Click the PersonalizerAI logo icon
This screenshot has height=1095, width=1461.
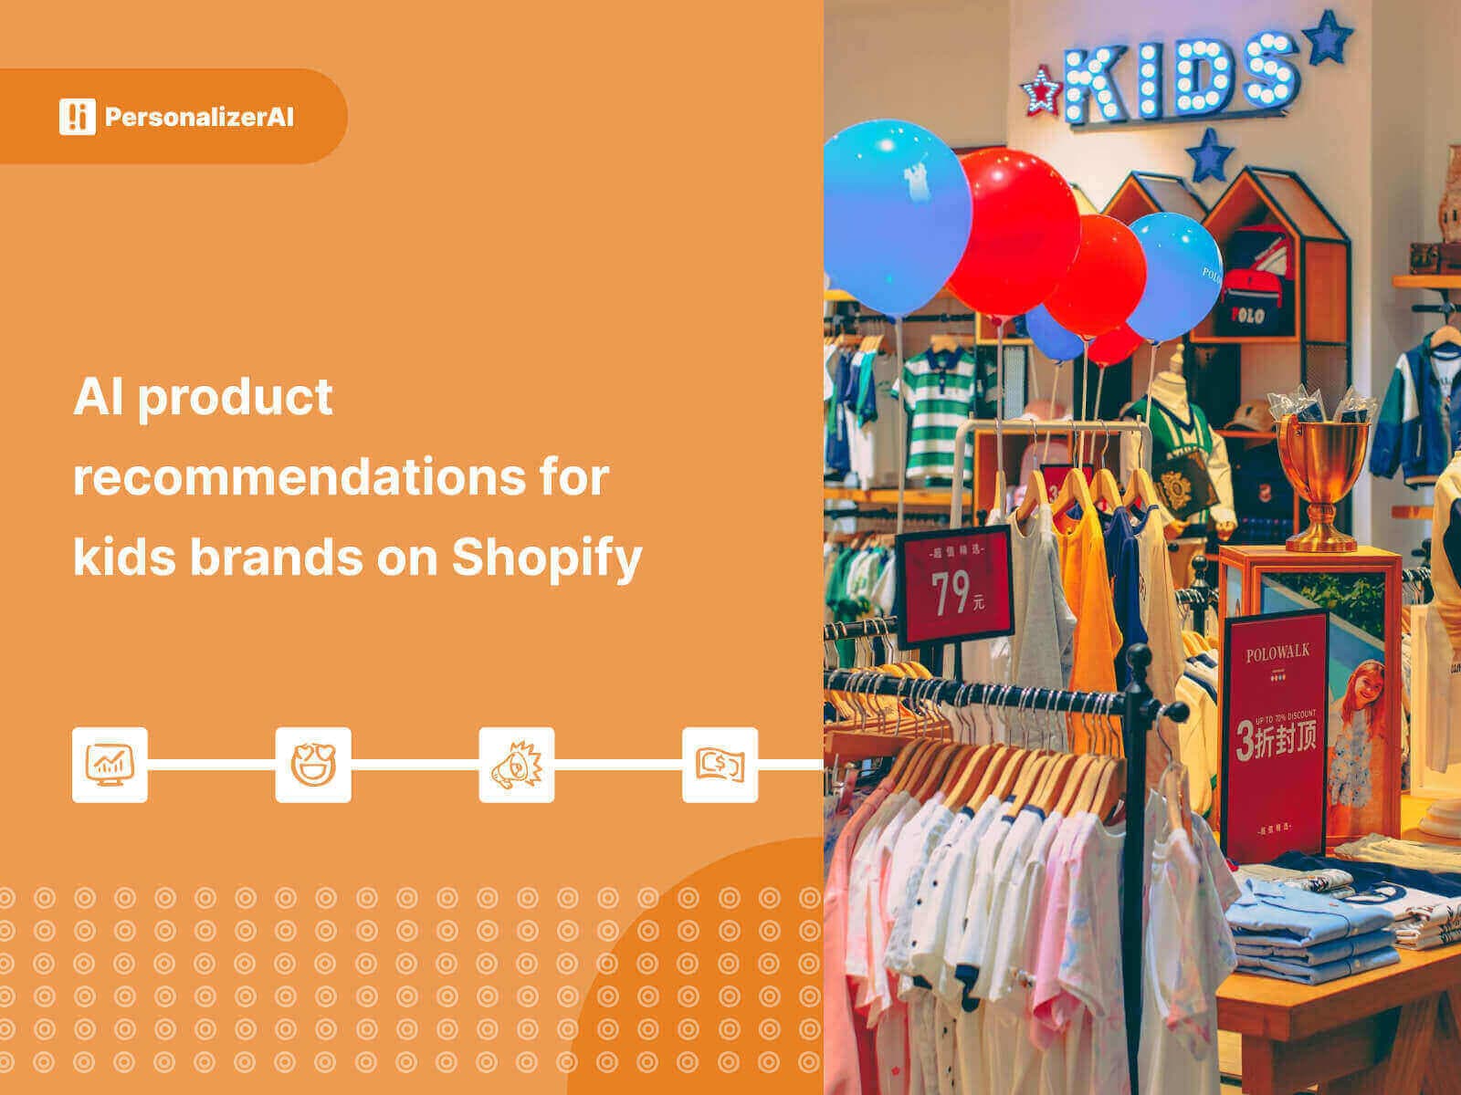click(77, 117)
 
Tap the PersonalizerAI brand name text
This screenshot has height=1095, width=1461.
click(199, 118)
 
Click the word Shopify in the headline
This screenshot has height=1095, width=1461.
click(547, 557)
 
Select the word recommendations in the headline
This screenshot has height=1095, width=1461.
click(340, 477)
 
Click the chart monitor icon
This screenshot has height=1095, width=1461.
click(110, 765)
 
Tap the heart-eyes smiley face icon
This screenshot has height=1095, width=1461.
click(313, 765)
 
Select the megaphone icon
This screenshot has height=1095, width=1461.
click(517, 765)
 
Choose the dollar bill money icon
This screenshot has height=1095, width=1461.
click(720, 765)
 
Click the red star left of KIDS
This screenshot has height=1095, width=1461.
click(1040, 91)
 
